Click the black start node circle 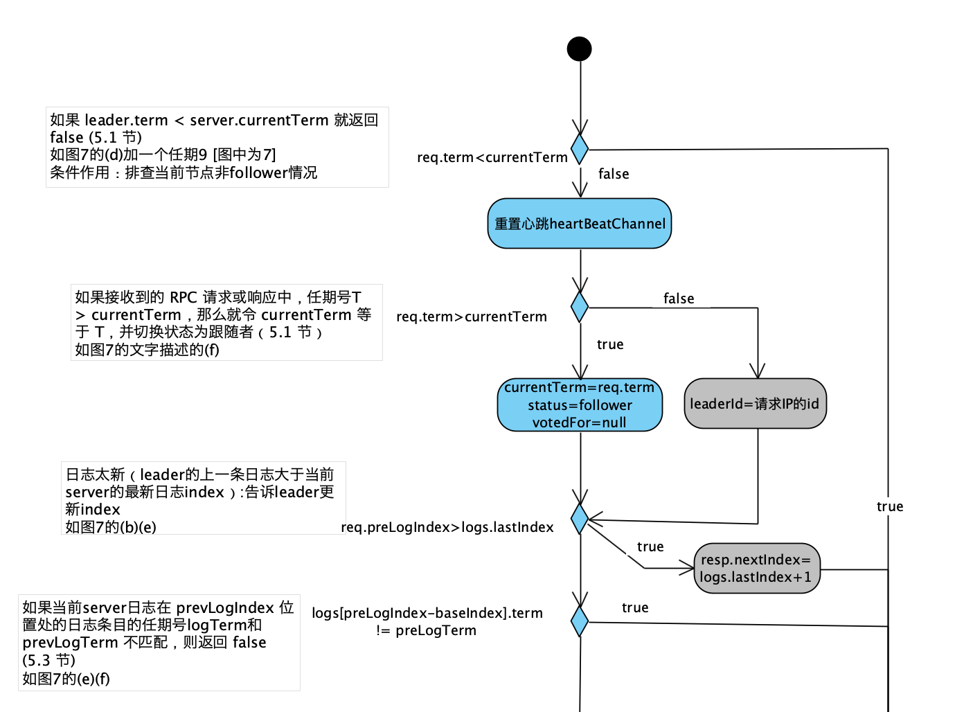[579, 49]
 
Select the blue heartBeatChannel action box [579, 224]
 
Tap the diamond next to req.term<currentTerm [580, 149]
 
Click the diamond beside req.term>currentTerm [580, 307]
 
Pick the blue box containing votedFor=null [580, 404]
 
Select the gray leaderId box [755, 403]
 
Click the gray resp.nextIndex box [756, 568]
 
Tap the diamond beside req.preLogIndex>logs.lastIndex [580, 519]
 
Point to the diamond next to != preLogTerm [580, 621]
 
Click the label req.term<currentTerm [492, 157]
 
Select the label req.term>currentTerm [471, 317]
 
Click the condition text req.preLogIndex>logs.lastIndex [447, 527]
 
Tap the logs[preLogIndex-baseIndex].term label [427, 613]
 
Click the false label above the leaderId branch [678, 299]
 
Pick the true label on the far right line [889, 506]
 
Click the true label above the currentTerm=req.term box [609, 344]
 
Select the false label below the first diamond [613, 174]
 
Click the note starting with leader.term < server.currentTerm [217, 146]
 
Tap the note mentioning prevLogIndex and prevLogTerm [159, 642]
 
